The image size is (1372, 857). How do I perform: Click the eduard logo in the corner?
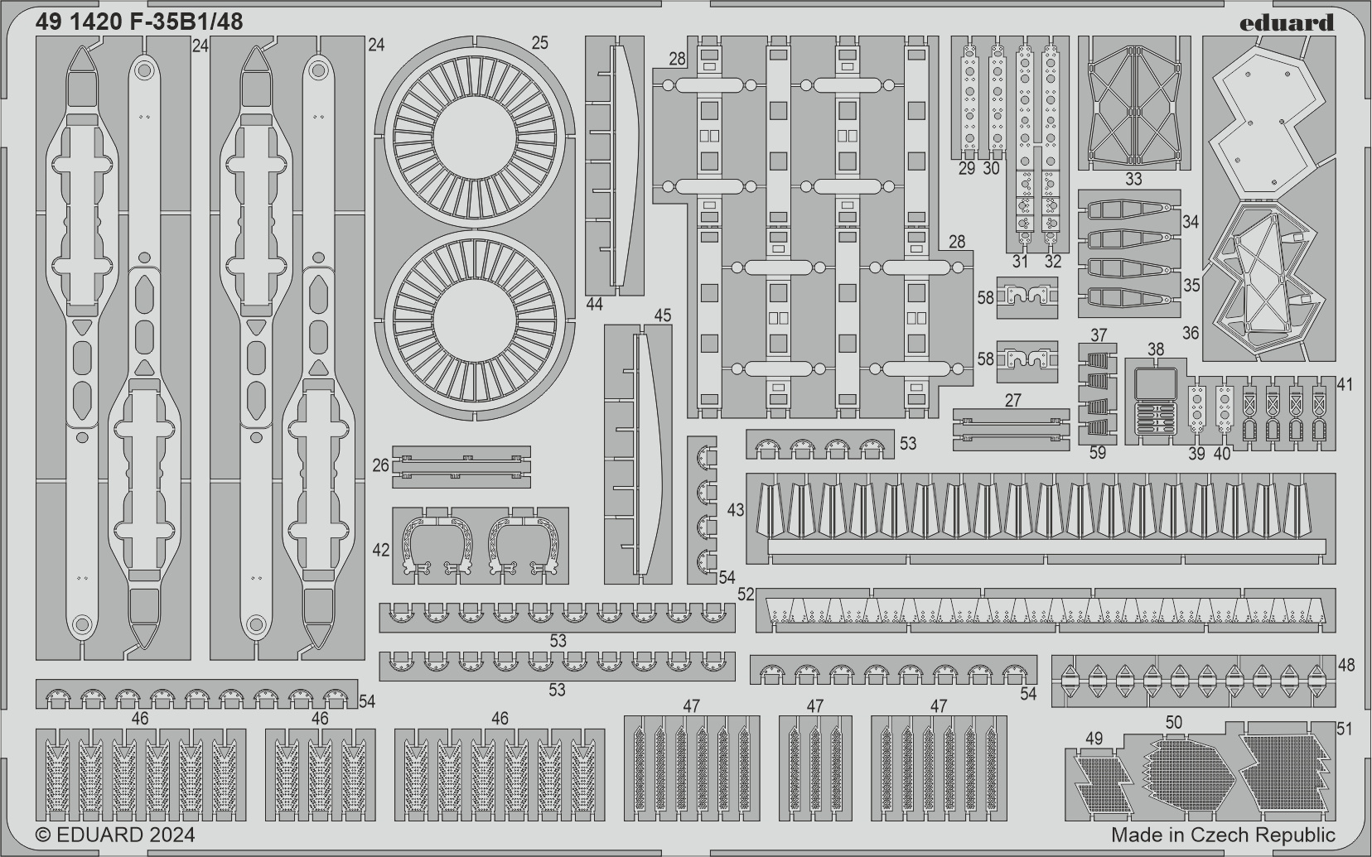tap(1286, 22)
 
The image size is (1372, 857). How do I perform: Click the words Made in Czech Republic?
tap(1223, 835)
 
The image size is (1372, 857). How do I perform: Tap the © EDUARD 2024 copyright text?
tap(116, 835)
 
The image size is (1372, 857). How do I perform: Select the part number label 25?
tap(539, 43)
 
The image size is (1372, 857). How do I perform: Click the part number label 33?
tap(1133, 179)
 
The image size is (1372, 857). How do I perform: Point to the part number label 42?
tap(381, 550)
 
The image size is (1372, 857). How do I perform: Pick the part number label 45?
tap(663, 315)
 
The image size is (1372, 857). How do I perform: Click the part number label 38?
tap(1156, 349)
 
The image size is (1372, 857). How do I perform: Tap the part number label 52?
tap(746, 595)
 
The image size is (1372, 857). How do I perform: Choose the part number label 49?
tap(1094, 739)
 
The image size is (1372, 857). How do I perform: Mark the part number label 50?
tap(1173, 722)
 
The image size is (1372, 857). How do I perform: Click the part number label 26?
tap(381, 465)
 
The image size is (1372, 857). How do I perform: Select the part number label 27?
tap(1013, 400)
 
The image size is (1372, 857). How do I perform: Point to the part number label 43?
tap(736, 509)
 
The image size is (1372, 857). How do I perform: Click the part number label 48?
tap(1346, 665)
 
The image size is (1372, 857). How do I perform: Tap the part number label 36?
tap(1191, 333)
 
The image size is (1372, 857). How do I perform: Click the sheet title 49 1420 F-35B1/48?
tap(139, 22)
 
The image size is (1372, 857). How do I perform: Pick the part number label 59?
tap(1098, 453)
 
